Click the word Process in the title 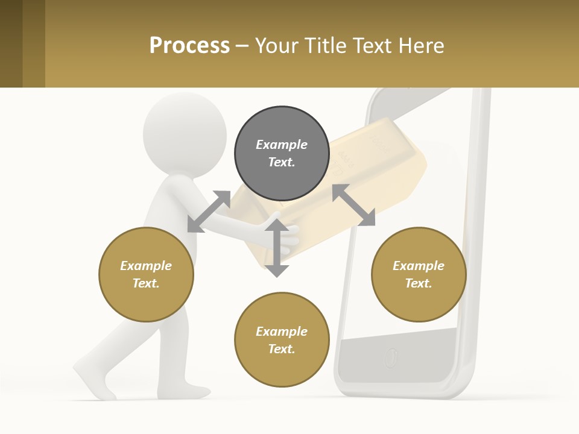189,45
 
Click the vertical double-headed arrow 277,248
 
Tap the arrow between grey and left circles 209,211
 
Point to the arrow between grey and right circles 353,205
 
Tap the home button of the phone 391,357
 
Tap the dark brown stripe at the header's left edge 11,43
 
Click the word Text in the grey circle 282,162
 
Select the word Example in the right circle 419,266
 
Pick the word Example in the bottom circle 282,332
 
